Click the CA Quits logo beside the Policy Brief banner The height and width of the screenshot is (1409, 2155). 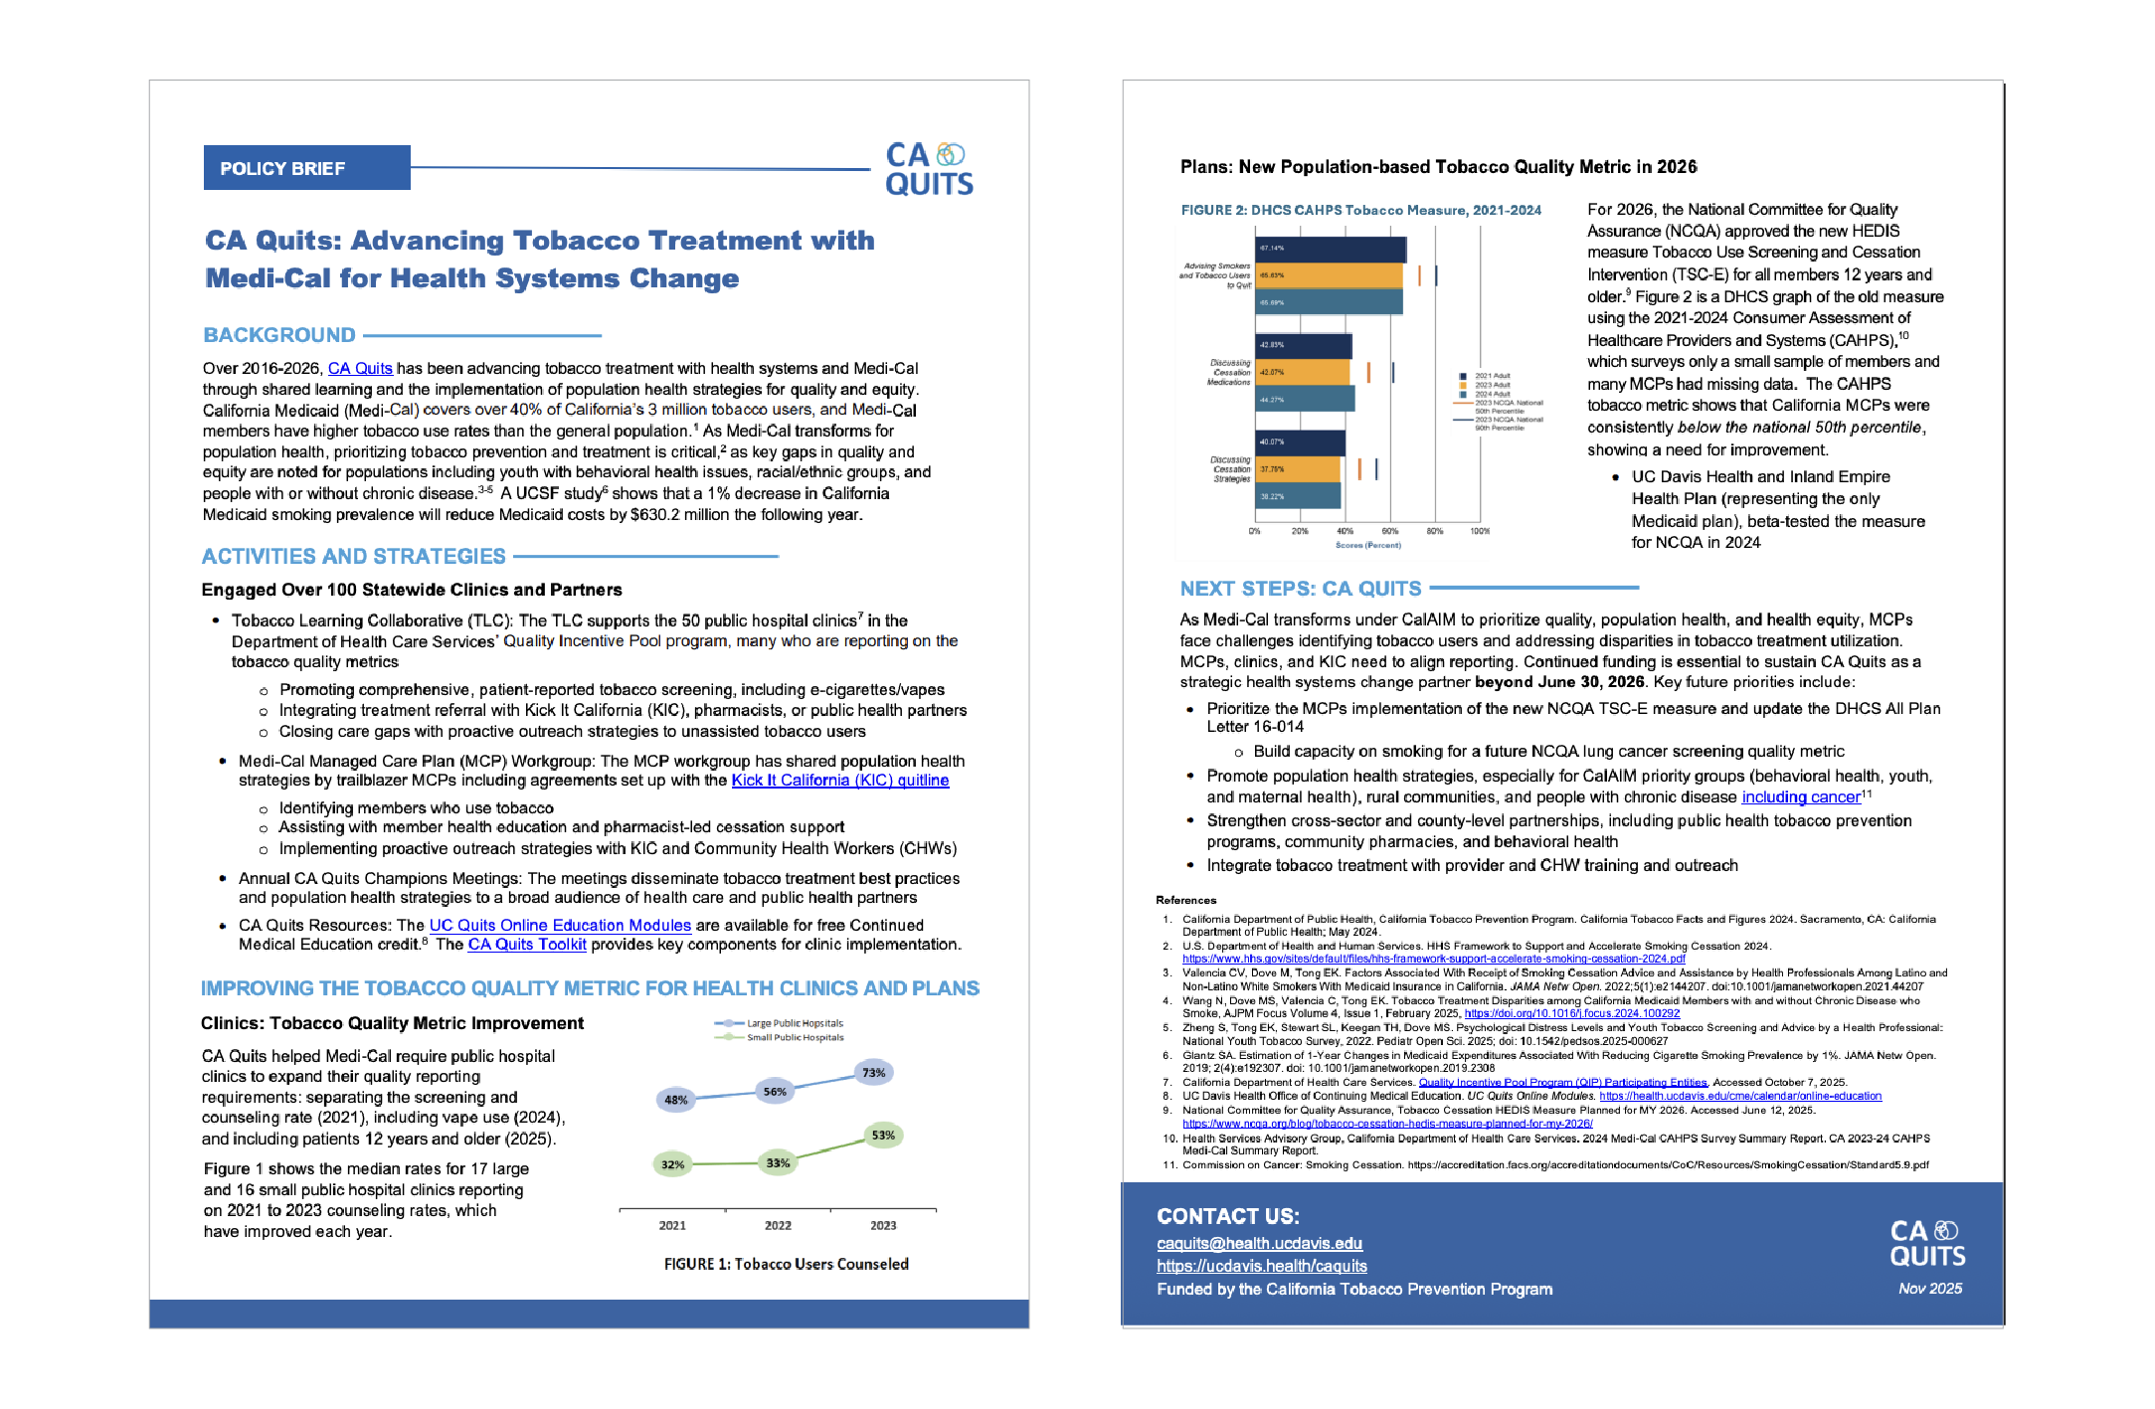(929, 169)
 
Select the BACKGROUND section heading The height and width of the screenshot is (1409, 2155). (279, 335)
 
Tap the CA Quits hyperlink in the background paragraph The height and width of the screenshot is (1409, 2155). (360, 368)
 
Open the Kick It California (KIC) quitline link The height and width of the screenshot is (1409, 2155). (839, 781)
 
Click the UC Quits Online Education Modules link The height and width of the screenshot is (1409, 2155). (560, 925)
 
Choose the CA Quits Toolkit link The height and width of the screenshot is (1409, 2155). (527, 945)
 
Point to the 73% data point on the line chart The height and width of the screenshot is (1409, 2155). (873, 1073)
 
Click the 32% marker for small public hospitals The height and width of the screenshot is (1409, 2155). (673, 1164)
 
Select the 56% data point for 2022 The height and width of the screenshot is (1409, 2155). (775, 1091)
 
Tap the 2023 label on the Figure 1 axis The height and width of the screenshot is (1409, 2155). (883, 1225)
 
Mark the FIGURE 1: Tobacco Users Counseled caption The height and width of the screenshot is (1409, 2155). (786, 1264)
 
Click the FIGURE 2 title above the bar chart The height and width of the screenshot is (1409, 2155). (1360, 210)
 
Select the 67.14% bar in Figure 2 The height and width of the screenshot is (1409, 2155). (1331, 249)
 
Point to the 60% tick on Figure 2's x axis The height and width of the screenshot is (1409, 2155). (1389, 531)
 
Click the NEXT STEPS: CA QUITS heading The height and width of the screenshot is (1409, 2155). (1301, 589)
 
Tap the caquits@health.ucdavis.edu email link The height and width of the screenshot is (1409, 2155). (1259, 1243)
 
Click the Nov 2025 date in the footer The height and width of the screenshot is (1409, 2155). (1929, 1289)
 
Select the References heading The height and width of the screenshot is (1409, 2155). (1185, 900)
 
